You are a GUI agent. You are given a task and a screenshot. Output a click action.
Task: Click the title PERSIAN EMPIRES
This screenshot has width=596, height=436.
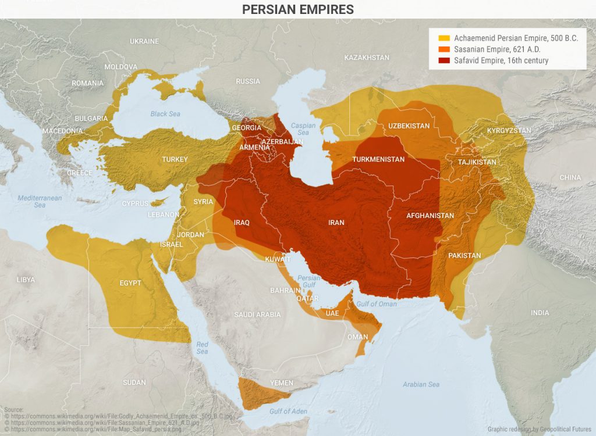[297, 9]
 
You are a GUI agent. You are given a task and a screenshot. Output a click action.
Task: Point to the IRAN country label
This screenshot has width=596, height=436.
[336, 223]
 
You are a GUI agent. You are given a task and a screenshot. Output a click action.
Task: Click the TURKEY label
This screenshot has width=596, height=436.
[175, 159]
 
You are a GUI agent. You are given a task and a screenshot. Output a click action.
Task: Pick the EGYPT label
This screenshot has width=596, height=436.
[130, 283]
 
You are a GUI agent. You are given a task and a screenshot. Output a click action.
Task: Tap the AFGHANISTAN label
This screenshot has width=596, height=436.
[430, 216]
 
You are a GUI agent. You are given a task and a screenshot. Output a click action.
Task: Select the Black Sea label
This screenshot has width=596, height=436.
[165, 114]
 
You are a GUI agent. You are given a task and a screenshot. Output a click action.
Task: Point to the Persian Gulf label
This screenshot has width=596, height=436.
[308, 281]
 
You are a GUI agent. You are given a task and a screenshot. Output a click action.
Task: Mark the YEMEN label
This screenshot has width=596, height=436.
[282, 383]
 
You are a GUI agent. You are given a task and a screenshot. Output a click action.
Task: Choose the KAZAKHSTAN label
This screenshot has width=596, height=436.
[367, 58]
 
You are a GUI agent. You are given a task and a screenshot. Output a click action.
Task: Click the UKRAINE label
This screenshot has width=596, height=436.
[144, 41]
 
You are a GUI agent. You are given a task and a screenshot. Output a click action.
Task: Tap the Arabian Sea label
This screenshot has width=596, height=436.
[421, 384]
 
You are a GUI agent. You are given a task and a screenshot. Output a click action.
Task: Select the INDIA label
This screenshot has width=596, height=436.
[540, 313]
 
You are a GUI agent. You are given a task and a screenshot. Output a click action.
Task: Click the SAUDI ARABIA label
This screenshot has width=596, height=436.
[257, 315]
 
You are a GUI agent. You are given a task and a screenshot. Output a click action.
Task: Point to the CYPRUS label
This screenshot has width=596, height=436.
[135, 203]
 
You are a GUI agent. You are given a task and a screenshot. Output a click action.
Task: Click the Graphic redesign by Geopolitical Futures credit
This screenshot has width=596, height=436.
[540, 428]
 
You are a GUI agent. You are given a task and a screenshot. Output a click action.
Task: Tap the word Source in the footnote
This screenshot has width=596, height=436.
[13, 410]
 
